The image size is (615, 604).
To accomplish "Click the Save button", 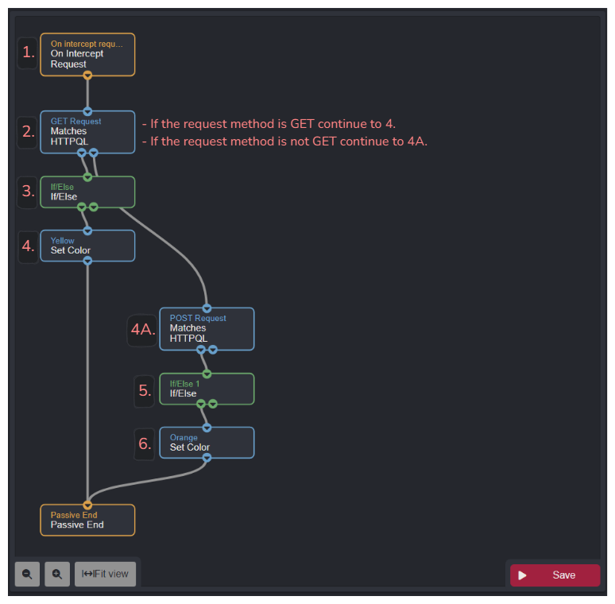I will coord(555,575).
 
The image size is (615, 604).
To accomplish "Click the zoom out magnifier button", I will coord(27,574).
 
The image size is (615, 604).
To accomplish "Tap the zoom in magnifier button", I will coord(57,574).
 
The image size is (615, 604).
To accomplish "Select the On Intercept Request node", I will coord(87,54).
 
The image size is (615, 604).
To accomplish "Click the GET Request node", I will coord(87,131).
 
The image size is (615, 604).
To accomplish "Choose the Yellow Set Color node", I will coord(87,246).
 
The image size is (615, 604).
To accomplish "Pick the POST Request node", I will coord(207,328).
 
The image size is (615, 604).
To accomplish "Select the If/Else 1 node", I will coord(207,389).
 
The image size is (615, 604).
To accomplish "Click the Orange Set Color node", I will coord(207,443).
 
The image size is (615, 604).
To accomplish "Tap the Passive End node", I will coord(87,520).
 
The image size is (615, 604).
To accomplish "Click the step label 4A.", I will coord(142,330).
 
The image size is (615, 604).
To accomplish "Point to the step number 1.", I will coord(29,52).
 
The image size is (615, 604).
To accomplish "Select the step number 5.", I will coord(145,390).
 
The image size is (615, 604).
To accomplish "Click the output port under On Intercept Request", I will coord(87,75).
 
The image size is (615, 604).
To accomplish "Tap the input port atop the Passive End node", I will coord(87,505).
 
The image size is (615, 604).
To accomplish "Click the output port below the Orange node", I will coord(207,458).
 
